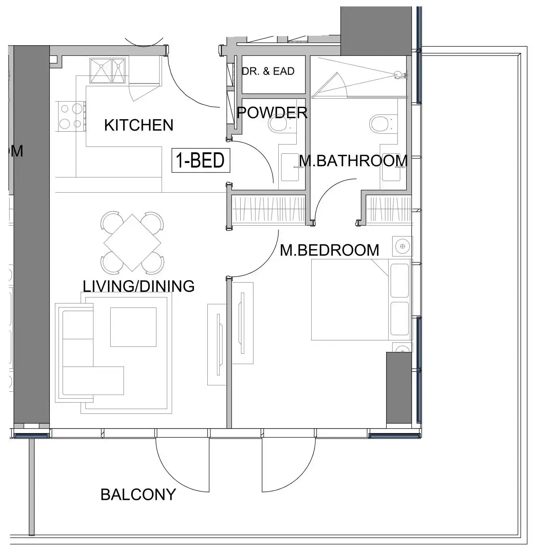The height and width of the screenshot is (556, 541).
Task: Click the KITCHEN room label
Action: pos(138,125)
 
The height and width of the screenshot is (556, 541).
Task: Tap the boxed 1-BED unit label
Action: pos(201,161)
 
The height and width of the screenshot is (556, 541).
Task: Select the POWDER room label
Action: pos(272,113)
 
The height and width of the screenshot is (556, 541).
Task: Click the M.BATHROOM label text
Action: pos(353,161)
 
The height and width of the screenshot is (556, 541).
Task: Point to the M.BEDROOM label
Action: pos(329,250)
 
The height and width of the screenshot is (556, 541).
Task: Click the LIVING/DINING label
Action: pos(138,286)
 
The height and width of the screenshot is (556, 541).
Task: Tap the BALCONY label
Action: pos(138,495)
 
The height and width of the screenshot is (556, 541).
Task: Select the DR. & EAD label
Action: pos(268,71)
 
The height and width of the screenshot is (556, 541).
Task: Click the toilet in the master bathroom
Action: pos(379,123)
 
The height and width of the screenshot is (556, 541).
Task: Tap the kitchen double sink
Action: pos(107,71)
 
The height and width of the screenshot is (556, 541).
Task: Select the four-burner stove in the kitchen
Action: pos(71,116)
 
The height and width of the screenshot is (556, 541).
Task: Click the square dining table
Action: pos(132,242)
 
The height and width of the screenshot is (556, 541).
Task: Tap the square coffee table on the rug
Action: pos(133,327)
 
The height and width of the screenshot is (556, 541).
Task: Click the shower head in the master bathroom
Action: pos(398,75)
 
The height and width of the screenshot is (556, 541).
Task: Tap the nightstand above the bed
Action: pos(402,246)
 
